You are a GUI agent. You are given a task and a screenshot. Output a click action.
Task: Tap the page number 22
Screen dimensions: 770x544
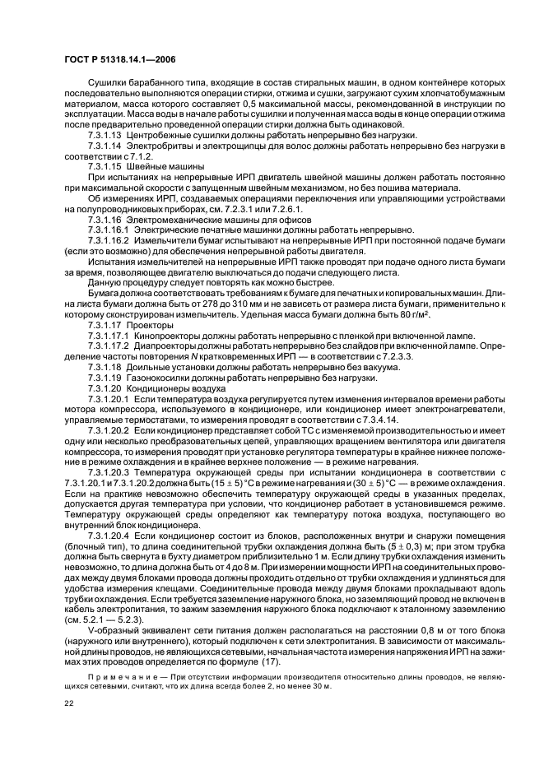click(x=68, y=702)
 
